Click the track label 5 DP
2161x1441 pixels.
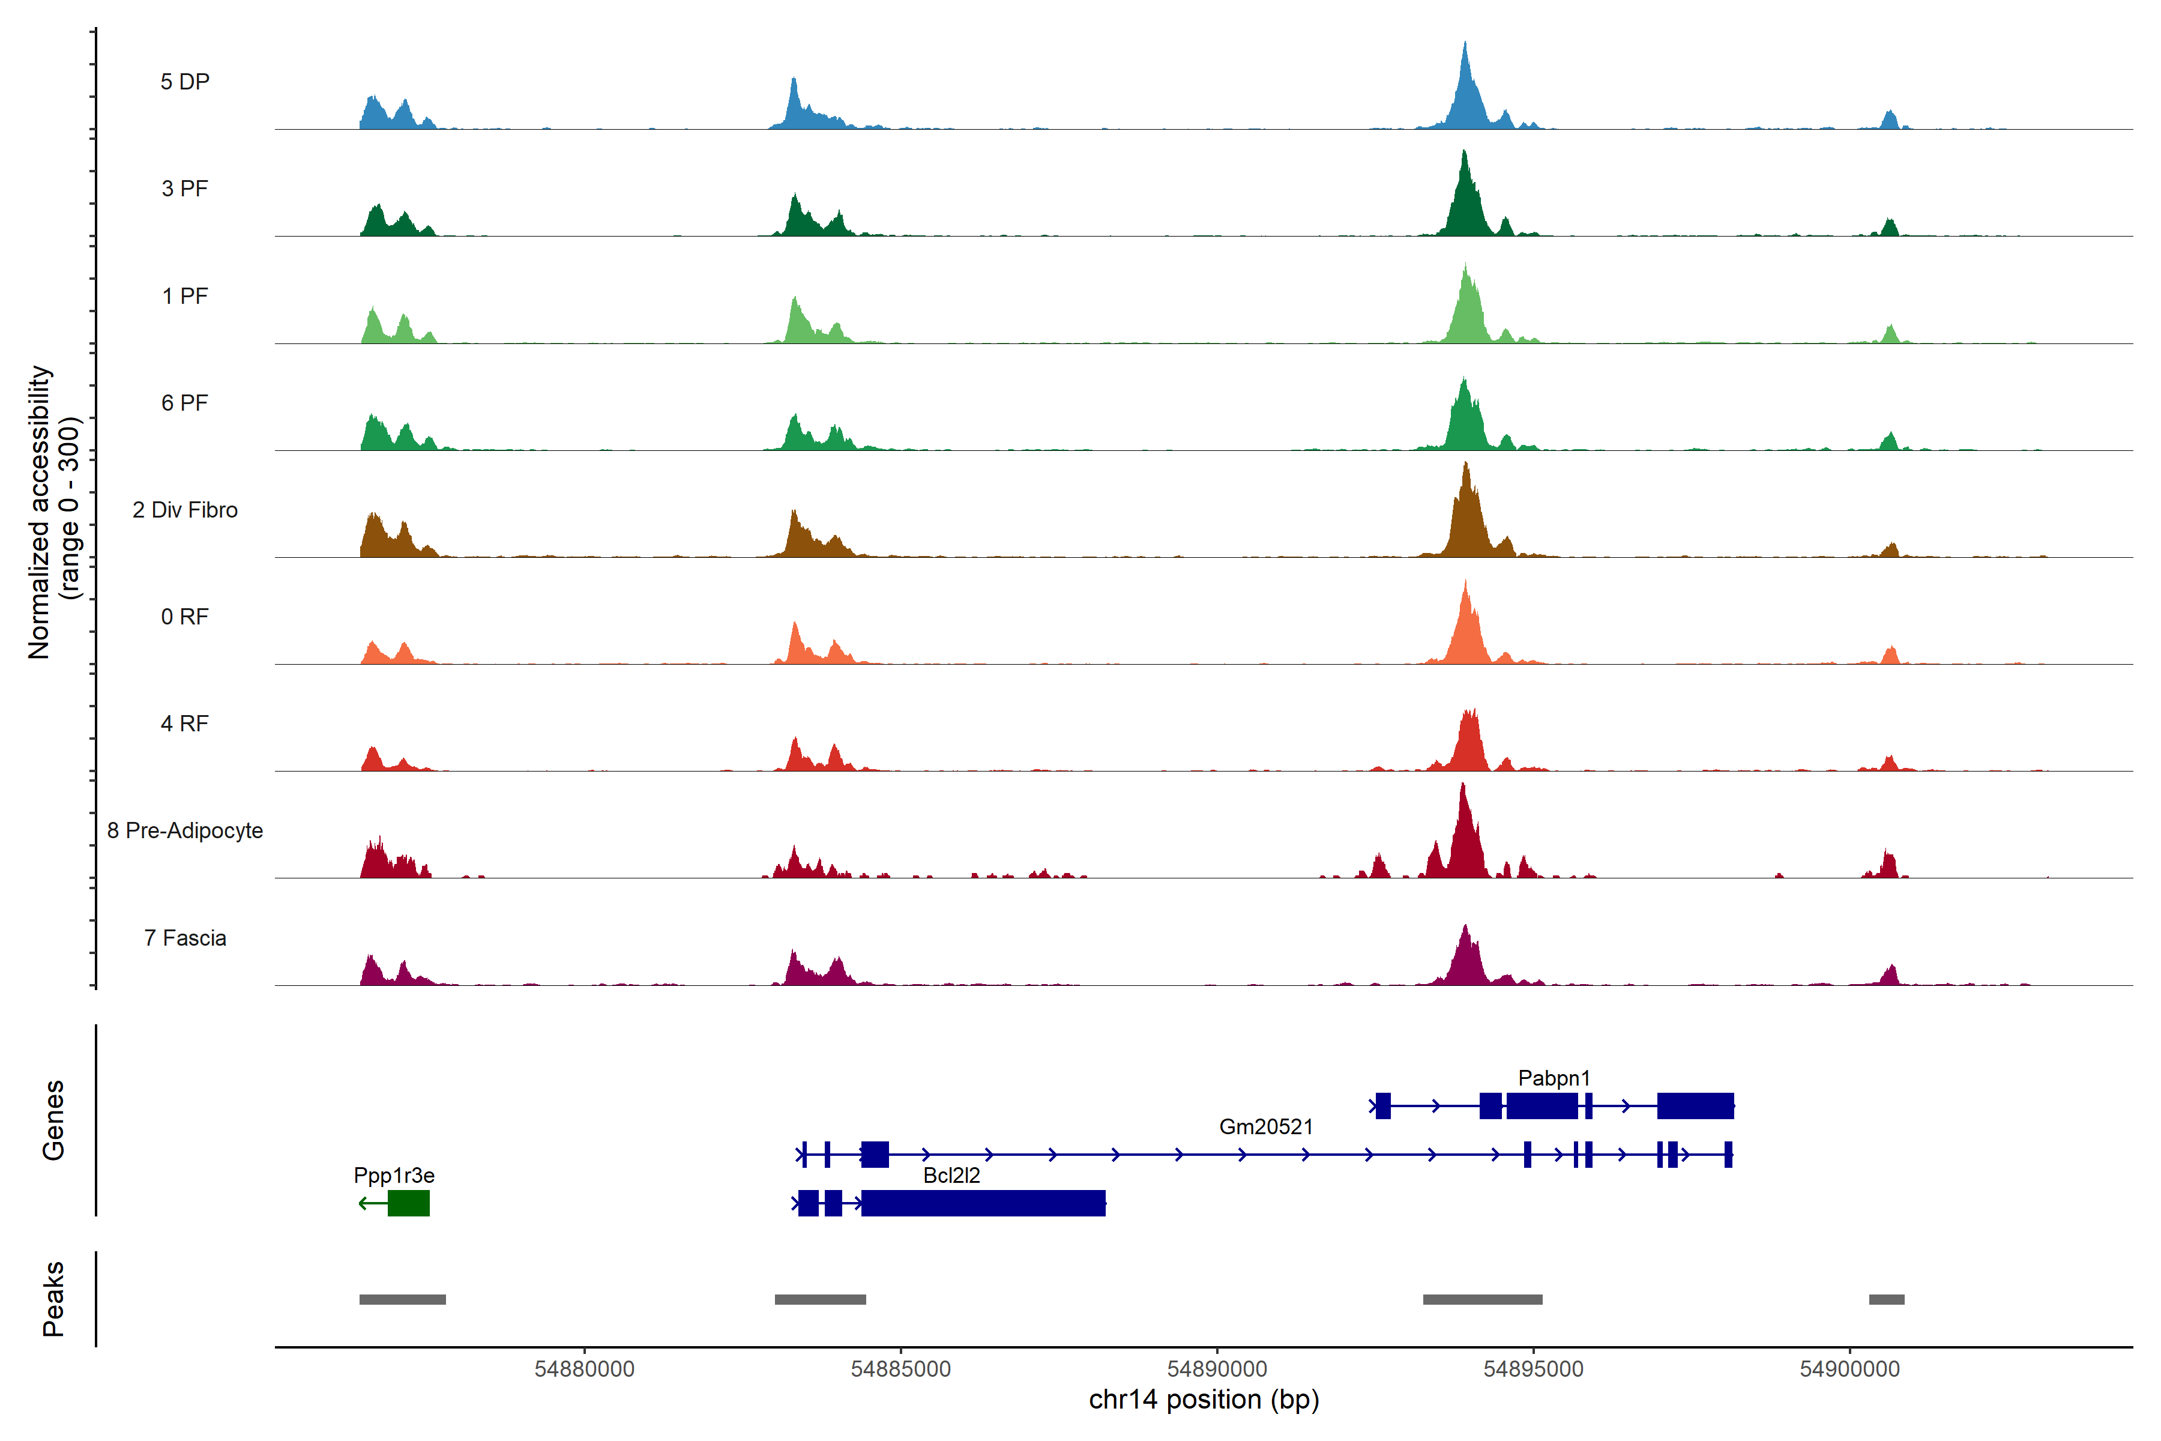(x=185, y=82)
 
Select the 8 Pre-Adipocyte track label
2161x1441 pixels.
(x=185, y=831)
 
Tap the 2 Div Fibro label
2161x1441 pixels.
(x=185, y=510)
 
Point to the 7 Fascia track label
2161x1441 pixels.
(x=185, y=938)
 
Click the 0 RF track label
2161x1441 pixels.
(x=185, y=617)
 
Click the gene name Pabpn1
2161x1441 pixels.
(x=1554, y=1078)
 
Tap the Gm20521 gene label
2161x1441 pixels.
(x=1266, y=1127)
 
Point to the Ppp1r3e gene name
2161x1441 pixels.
(x=394, y=1176)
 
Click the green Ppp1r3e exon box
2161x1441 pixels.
(x=409, y=1203)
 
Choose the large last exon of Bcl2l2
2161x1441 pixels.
(x=983, y=1203)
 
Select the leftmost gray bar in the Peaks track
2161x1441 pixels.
(x=402, y=1299)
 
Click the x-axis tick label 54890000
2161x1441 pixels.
(x=1217, y=1370)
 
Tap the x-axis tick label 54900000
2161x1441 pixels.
(x=1849, y=1370)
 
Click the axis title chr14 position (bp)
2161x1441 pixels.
(x=1204, y=1400)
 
